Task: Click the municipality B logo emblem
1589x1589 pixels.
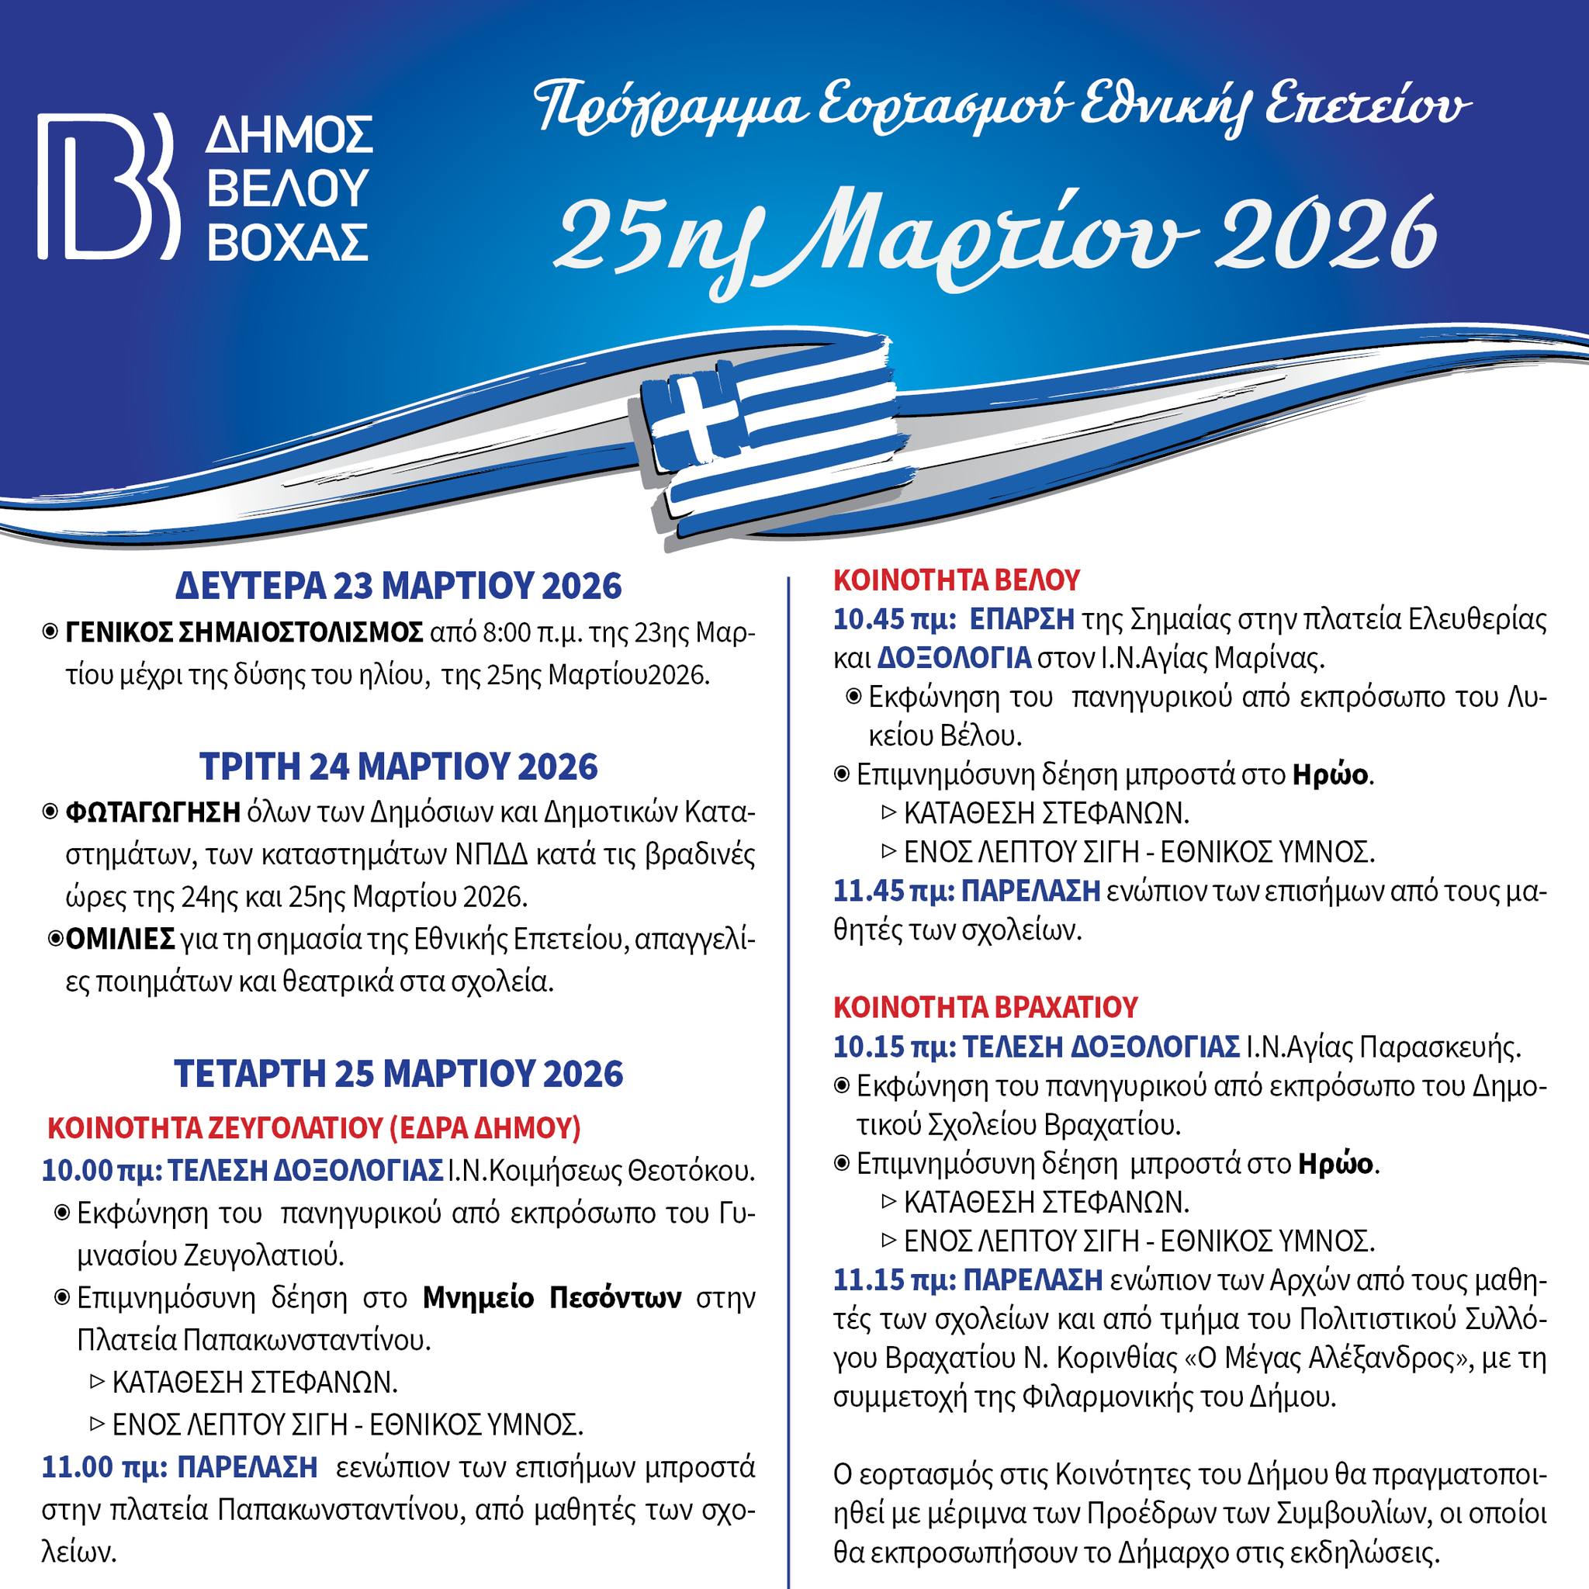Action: [x=108, y=186]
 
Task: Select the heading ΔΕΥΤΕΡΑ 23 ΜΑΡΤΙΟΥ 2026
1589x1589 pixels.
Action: [x=399, y=587]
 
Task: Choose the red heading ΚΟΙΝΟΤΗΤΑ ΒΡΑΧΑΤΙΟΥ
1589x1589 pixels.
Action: [x=986, y=1006]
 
